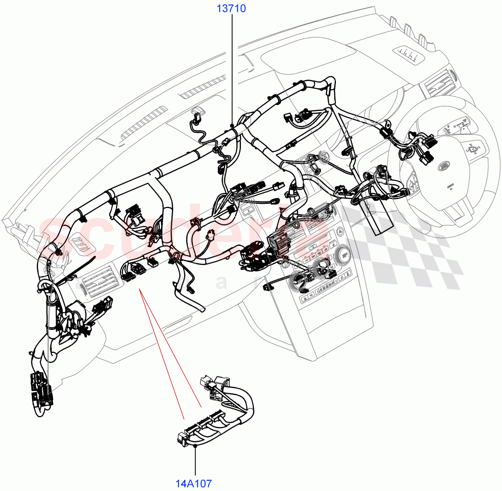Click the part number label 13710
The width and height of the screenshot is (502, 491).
click(x=231, y=8)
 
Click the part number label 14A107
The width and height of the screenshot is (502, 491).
click(x=194, y=484)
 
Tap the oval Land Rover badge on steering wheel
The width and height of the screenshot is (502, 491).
click(x=444, y=166)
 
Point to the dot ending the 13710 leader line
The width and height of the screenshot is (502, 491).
click(x=231, y=125)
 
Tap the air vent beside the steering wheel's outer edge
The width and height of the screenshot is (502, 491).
click(x=439, y=84)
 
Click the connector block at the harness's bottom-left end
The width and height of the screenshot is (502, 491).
click(x=41, y=389)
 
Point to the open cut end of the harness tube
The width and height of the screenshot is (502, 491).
click(x=202, y=310)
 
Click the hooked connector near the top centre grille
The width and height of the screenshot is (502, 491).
click(x=197, y=113)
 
